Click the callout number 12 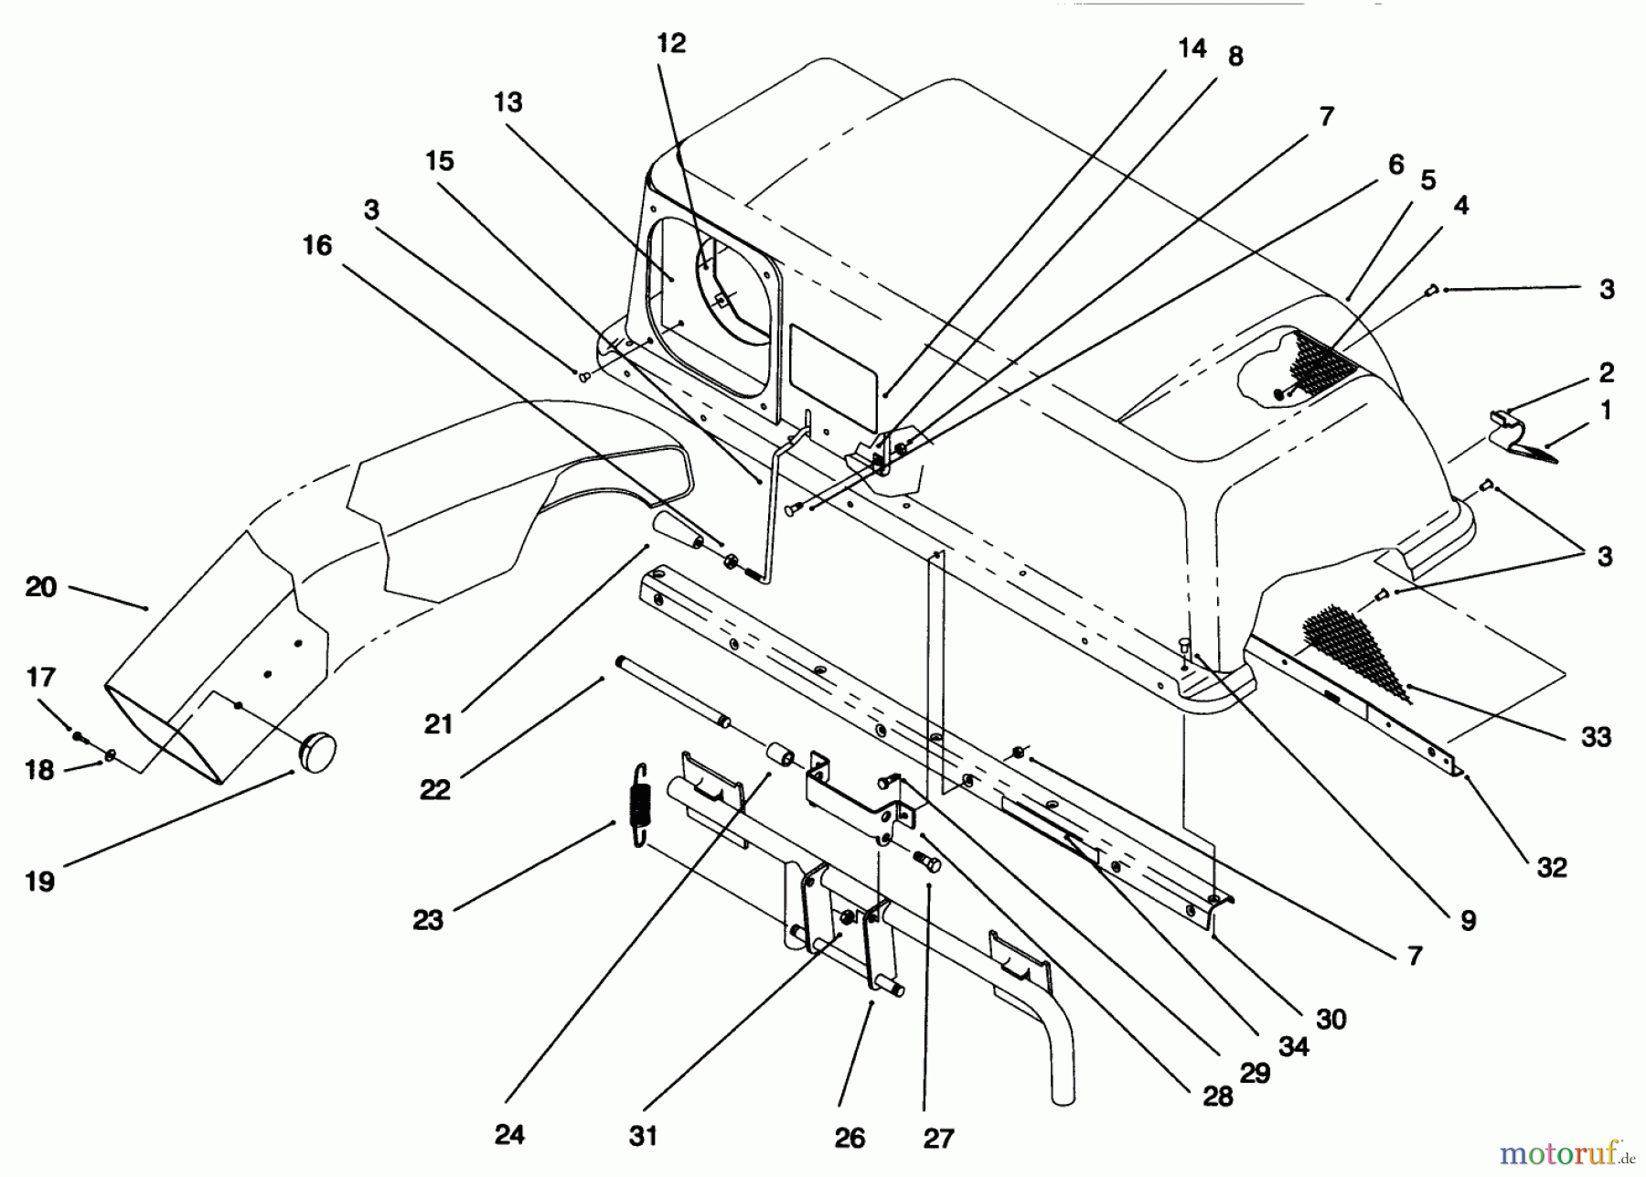click(x=670, y=44)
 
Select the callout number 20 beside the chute click(x=41, y=587)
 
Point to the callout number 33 click(x=1596, y=737)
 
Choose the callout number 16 click(x=317, y=245)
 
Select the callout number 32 click(x=1552, y=867)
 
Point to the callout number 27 click(x=938, y=1139)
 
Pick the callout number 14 click(x=1192, y=48)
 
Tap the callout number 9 click(x=1468, y=921)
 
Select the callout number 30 click(x=1331, y=1019)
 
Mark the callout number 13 click(x=508, y=102)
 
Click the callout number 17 click(x=41, y=678)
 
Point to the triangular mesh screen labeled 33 click(x=1353, y=645)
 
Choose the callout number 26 click(x=850, y=1138)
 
